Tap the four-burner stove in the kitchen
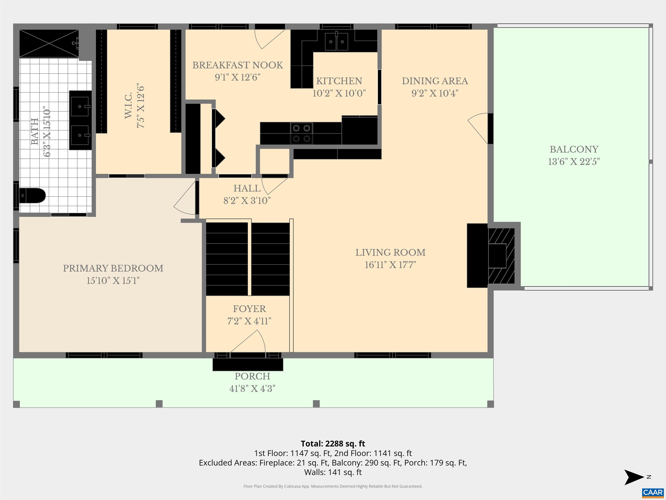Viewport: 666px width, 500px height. (301, 133)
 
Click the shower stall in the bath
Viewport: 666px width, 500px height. (49, 43)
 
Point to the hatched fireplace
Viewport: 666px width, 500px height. (501, 256)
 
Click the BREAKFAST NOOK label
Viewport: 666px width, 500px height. (238, 65)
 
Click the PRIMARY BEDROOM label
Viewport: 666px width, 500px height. (113, 268)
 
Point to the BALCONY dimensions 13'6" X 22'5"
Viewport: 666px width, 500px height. (574, 162)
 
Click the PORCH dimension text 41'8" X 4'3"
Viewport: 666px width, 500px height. (252, 389)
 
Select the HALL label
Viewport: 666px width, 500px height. (247, 188)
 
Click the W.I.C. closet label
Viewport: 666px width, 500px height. (128, 105)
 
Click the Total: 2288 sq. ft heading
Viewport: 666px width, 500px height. (333, 444)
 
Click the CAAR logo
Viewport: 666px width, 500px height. (653, 492)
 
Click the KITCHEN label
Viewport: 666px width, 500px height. (339, 81)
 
